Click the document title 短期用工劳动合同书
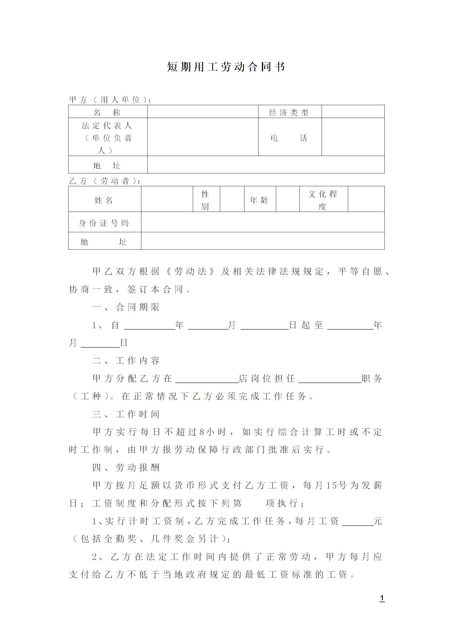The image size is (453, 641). [226, 67]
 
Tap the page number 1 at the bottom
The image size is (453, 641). [382, 598]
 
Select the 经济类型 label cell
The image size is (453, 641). [290, 112]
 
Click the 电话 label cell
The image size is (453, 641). [290, 138]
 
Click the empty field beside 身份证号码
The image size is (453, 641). [262, 222]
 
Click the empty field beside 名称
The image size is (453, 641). [203, 112]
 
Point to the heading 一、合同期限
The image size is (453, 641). [126, 307]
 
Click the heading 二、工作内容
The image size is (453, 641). [126, 360]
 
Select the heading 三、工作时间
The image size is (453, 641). [126, 414]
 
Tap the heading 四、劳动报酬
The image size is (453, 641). [126, 467]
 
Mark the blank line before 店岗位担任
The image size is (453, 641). [207, 379]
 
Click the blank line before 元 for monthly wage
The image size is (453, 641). [358, 521]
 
